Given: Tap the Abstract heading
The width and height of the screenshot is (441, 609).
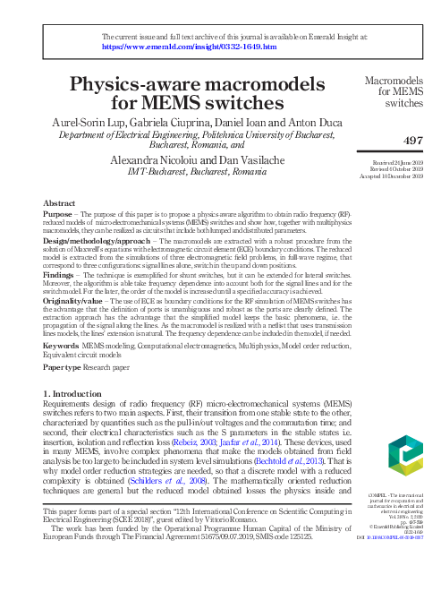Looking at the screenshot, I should click(59, 204).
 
